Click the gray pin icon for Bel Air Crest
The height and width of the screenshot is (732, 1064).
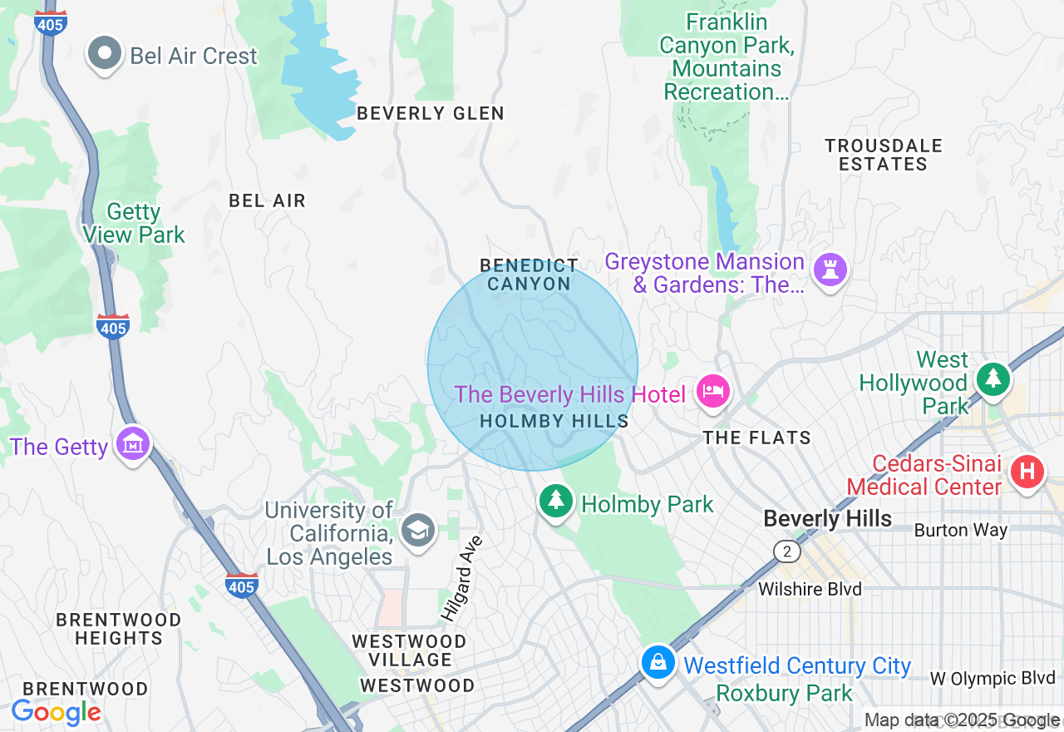105,54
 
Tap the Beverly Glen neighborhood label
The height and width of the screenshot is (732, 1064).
430,113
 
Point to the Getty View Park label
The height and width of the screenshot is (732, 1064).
134,224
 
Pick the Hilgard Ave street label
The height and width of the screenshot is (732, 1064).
461,579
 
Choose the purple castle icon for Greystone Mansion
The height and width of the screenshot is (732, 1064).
830,270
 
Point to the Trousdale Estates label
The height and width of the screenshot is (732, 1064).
883,155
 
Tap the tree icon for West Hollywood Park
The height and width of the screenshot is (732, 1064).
993,378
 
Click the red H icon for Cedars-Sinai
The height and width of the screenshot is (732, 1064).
1027,472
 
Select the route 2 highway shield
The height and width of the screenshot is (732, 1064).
786,551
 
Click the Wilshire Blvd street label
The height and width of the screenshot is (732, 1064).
810,589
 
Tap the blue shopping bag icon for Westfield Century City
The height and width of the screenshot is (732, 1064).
658,662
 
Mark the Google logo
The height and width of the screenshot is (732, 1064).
56,713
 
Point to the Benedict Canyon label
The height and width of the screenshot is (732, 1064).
529,274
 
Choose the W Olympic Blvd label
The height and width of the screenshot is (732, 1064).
992,678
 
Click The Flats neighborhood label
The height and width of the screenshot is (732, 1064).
756,438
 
